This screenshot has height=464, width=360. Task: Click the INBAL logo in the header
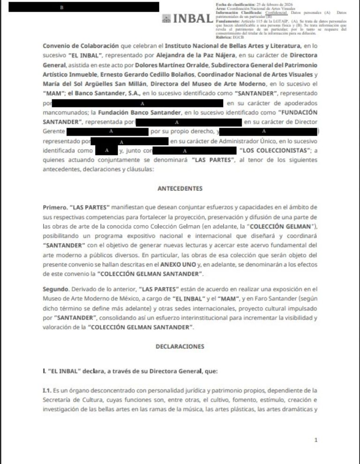coord(187,19)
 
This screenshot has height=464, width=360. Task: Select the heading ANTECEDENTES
coord(180,189)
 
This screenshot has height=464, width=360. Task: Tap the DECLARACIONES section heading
coord(180,346)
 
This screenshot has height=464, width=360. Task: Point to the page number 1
coord(316,440)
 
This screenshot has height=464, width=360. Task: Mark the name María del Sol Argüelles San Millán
coord(90,84)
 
